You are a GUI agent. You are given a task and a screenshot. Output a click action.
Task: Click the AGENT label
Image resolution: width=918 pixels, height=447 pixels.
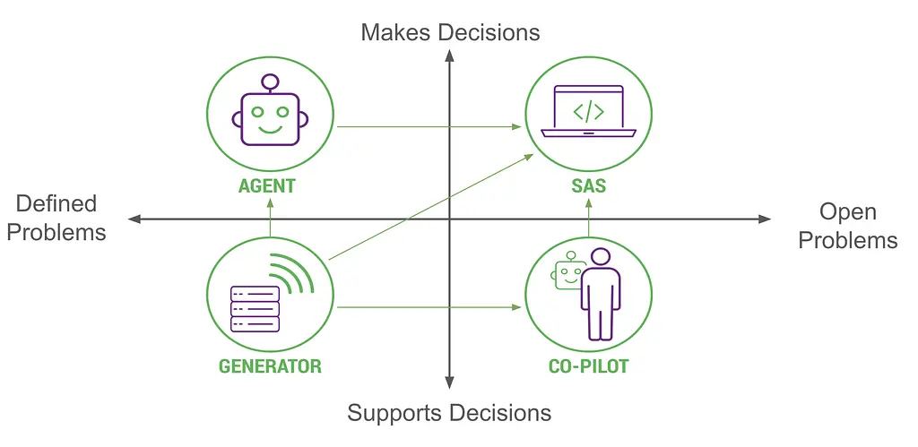coord(267,187)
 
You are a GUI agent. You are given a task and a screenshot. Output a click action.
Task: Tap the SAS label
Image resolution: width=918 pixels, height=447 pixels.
coord(588,187)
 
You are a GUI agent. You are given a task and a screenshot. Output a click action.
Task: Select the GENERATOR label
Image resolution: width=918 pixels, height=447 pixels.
coord(270,365)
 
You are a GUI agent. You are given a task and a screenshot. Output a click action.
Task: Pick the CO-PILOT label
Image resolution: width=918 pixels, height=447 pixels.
coord(588,365)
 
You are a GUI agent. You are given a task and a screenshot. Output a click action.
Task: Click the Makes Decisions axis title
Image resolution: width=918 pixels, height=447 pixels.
coord(450,33)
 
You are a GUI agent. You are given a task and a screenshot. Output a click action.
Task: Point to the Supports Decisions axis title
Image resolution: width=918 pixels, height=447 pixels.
coord(449,413)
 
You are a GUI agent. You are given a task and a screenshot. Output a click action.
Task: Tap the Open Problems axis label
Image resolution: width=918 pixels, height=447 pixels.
coord(848,226)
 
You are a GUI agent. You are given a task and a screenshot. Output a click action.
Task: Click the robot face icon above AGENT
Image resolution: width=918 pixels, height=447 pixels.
coord(270,112)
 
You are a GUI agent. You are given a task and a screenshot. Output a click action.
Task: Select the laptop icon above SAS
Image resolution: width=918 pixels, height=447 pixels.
coord(588,112)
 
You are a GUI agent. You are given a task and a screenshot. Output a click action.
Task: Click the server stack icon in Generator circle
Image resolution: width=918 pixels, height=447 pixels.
coord(255,309)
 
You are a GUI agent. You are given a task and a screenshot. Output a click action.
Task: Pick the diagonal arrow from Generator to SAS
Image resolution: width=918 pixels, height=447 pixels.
coord(430,207)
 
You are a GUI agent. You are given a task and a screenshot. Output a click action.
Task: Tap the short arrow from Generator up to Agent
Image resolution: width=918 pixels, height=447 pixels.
coord(270,219)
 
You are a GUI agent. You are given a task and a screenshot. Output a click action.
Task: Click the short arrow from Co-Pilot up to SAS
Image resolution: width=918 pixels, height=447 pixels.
coord(588,220)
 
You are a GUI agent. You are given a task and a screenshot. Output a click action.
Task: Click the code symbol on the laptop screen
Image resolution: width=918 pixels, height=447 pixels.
coord(588,112)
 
